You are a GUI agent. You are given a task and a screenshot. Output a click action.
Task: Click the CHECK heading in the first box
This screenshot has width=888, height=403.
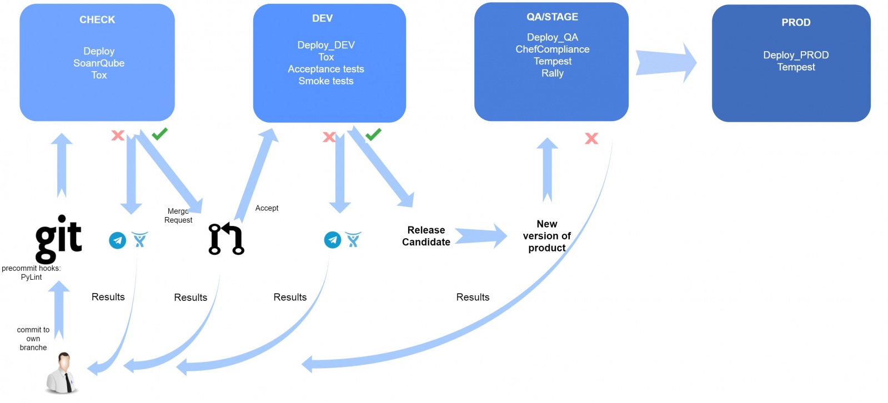coord(97,20)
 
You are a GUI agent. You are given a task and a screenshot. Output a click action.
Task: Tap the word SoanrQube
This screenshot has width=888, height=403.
coord(99,63)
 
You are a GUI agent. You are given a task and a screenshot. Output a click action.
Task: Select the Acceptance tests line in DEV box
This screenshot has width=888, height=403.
coord(326,69)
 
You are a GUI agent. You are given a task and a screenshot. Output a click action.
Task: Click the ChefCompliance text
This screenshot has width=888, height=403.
coord(552,49)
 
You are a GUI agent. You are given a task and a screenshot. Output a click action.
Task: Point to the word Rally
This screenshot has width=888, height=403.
coord(552,73)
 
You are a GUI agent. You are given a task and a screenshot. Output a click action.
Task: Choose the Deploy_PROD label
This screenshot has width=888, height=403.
coord(795,55)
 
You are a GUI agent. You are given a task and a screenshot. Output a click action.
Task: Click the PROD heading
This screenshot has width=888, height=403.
coord(795,23)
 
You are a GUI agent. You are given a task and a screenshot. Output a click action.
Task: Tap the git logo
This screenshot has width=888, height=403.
coord(58,239)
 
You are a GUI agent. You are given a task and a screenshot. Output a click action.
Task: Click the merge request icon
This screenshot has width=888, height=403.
coord(226,239)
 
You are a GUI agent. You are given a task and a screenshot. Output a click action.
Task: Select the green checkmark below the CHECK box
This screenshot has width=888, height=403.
coord(159,134)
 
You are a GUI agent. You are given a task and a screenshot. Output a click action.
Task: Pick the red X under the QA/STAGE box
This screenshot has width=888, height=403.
coord(591,138)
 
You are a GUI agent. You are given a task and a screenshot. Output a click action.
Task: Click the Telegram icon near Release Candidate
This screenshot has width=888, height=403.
coord(332,240)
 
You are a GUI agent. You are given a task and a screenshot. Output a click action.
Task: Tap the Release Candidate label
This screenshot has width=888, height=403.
coord(426,236)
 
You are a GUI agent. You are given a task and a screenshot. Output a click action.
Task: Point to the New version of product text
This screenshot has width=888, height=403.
coord(546,236)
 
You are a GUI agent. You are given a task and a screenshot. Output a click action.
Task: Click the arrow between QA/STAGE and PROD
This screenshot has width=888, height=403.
coord(665,63)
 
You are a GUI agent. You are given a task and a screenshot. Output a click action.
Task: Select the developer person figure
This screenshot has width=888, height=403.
coord(62,373)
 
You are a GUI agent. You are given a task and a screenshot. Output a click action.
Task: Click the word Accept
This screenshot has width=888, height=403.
coord(267,208)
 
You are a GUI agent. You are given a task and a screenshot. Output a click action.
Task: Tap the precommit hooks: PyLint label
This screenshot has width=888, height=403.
coord(31,273)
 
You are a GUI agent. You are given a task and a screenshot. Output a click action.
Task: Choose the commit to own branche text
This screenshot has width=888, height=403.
coord(33,339)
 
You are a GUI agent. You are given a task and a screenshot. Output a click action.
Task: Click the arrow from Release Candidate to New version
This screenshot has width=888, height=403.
coord(481,236)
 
